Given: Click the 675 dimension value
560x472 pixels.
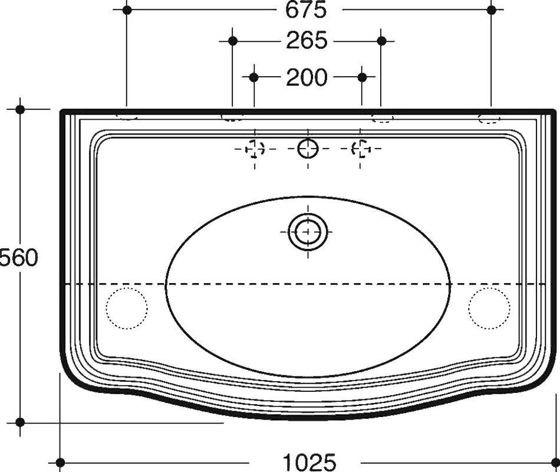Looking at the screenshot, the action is pos(306,9).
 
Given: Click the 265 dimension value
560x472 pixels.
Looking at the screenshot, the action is pos(307,40).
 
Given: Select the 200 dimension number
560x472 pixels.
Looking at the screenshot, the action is pos(307,77).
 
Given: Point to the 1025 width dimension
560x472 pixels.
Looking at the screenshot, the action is pos(309,462).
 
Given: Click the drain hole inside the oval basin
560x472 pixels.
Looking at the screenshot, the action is pos(308,232).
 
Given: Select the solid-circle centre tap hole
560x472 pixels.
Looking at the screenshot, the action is pos(308,149).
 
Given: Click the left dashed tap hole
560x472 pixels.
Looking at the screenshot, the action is pos(255,149).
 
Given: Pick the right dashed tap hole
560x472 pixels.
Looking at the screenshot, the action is pos(361,149).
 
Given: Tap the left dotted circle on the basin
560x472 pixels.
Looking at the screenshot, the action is pos(127,308).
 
